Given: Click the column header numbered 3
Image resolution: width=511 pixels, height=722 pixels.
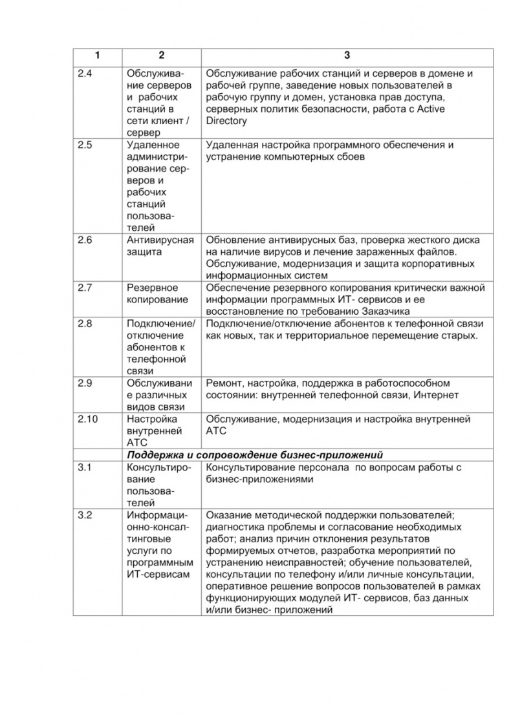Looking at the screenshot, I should click(x=346, y=56).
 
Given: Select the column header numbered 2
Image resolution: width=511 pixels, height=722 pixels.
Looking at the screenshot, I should click(x=161, y=56).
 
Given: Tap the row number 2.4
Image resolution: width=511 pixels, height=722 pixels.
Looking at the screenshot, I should click(x=85, y=74).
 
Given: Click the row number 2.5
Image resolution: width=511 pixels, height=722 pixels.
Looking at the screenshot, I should click(x=85, y=145).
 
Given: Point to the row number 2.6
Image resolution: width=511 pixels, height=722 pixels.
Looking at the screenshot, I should click(x=85, y=240).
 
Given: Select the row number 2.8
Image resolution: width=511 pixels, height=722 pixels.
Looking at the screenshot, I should click(x=85, y=324).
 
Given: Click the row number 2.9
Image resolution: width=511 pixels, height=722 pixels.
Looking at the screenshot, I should click(x=85, y=383).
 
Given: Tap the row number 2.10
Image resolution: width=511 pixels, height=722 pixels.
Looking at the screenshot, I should click(x=87, y=419).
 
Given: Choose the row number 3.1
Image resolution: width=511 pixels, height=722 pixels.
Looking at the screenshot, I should click(x=85, y=467).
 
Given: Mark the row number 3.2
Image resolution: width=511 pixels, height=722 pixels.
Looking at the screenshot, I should click(x=85, y=515).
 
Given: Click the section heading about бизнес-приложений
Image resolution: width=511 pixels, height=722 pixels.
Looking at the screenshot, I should click(x=255, y=454).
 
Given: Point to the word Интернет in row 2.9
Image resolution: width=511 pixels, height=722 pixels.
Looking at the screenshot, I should click(x=437, y=395).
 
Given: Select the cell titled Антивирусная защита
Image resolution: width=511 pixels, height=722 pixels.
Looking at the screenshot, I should click(x=160, y=246).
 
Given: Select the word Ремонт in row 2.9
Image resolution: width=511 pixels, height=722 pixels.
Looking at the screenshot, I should click(x=224, y=383).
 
